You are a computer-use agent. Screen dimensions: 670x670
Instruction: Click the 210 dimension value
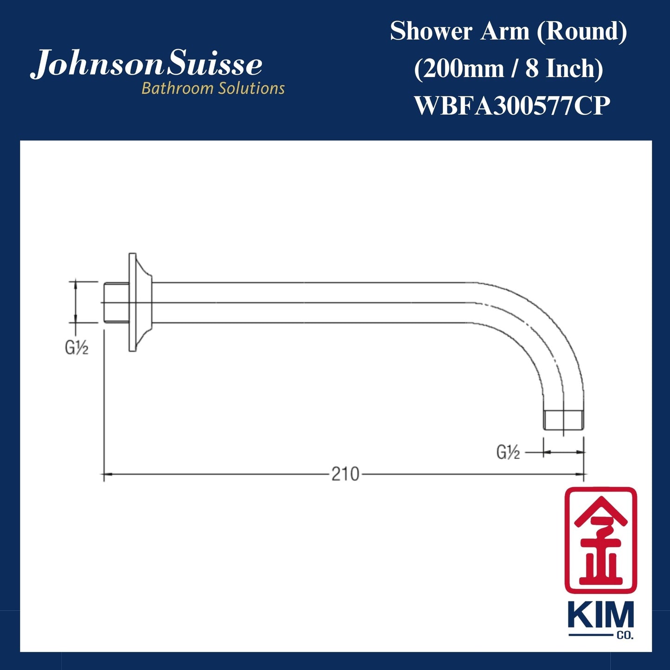tap(345, 474)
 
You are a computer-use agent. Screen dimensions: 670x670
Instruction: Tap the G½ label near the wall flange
tap(77, 348)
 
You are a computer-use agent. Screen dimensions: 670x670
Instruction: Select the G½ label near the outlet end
tap(508, 452)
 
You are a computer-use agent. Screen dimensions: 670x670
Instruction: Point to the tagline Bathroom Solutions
tap(213, 88)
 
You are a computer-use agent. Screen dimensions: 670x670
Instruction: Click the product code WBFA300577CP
tap(511, 106)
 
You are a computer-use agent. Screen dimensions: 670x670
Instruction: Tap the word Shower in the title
tap(431, 32)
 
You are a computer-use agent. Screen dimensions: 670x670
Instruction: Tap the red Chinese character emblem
tap(600, 540)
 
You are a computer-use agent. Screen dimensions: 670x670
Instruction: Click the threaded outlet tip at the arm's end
tap(563, 419)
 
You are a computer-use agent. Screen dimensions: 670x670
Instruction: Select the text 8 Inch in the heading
tap(564, 69)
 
